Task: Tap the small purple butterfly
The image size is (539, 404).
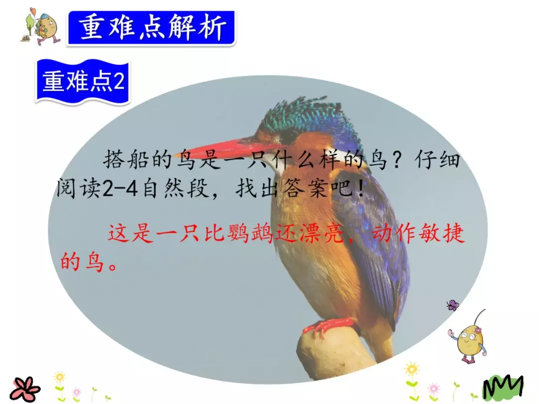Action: click(453, 305)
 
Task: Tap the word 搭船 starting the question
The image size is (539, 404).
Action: click(120, 161)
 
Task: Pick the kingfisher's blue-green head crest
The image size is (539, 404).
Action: click(299, 115)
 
